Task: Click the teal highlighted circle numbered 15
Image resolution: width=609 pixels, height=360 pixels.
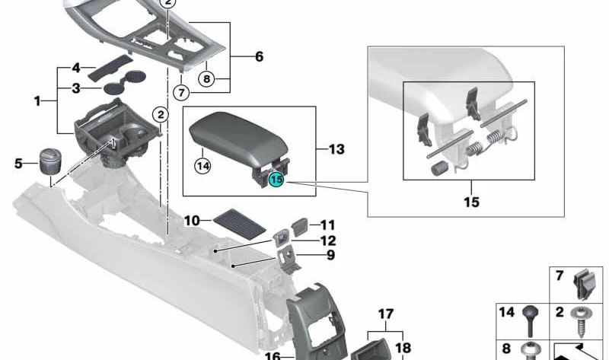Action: [x=276, y=180]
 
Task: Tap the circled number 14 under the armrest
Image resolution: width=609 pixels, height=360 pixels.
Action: [x=202, y=166]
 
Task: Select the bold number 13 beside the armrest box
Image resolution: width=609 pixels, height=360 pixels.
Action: [x=336, y=149]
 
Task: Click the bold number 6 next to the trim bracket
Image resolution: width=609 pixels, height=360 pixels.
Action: [x=259, y=56]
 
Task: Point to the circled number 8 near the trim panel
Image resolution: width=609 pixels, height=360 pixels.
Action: [x=206, y=79]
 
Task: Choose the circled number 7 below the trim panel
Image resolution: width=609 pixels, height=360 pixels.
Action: [x=181, y=92]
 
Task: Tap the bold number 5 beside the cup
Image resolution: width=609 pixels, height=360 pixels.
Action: [x=18, y=164]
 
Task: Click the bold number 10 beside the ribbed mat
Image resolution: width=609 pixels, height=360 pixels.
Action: [x=192, y=221]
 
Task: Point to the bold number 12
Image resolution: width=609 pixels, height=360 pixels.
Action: [x=328, y=241]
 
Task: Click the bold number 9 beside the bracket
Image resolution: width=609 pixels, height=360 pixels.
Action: [x=330, y=255]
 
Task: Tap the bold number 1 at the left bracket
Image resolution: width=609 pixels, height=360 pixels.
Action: [x=37, y=101]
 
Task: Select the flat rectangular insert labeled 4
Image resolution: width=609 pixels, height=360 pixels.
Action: [x=110, y=67]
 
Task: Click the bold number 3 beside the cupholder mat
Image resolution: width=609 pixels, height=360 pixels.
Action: [x=76, y=88]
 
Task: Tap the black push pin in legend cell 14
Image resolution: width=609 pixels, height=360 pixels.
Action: [x=531, y=320]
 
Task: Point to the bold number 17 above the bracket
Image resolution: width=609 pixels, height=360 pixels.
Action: [x=386, y=314]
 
